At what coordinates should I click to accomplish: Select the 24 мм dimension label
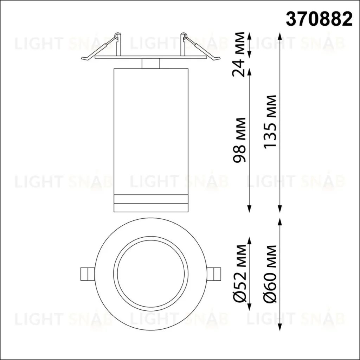click(x=239, y=54)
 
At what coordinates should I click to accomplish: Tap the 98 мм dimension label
click(x=239, y=140)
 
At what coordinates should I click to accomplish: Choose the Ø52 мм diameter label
click(x=239, y=274)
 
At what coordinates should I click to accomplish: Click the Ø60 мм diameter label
click(x=270, y=274)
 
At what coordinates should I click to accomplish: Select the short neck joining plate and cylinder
click(x=150, y=63)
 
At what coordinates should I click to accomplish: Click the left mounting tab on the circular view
click(x=87, y=274)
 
